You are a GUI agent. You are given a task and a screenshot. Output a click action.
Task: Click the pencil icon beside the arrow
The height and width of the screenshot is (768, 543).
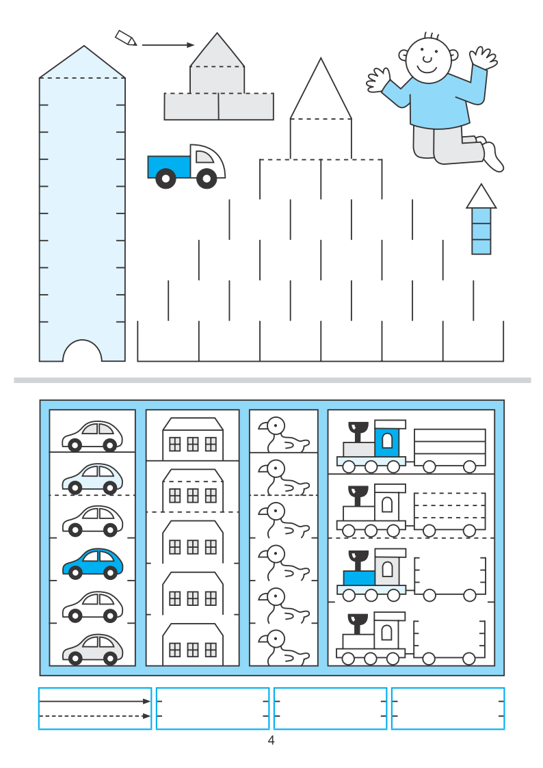[x=125, y=38]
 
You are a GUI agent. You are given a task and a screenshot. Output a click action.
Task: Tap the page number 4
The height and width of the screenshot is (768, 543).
[x=271, y=740]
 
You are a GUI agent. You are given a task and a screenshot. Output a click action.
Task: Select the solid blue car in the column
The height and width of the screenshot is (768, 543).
[x=93, y=564]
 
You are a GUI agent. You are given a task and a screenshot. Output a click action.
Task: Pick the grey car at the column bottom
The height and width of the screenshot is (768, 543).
[x=93, y=649]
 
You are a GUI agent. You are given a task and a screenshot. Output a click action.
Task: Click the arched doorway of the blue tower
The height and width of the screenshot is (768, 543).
[x=82, y=351]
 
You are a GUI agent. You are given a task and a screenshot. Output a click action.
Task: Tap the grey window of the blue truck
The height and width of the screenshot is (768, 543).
[x=204, y=156]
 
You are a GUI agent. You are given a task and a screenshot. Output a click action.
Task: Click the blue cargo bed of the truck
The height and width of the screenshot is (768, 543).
[x=169, y=167]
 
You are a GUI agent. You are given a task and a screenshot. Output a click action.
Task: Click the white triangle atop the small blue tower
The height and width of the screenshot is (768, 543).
[x=481, y=197]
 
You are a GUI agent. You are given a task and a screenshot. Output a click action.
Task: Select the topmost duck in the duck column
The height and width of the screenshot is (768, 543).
[x=284, y=434]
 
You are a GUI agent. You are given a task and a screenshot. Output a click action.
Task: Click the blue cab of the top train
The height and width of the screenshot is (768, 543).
[x=387, y=439]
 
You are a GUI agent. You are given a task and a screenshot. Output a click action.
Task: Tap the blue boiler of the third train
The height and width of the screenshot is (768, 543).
[x=360, y=578]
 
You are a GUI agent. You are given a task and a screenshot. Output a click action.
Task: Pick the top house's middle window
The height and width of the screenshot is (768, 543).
[x=193, y=445]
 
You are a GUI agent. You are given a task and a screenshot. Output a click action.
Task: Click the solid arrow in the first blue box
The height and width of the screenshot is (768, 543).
[x=95, y=702]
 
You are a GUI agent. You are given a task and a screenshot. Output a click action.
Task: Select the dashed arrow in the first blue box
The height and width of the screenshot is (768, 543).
[x=95, y=716]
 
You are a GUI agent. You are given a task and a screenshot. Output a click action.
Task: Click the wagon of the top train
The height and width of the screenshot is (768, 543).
[x=449, y=449]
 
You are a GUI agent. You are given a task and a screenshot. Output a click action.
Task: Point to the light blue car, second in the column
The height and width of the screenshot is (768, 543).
[x=93, y=478]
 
